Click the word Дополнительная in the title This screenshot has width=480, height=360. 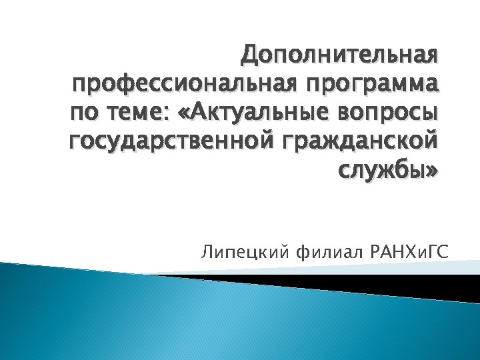pyautogui.click(x=340, y=55)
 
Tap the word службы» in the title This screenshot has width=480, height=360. pyautogui.click(x=389, y=171)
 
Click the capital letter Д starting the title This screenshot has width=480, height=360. pyautogui.click(x=249, y=56)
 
